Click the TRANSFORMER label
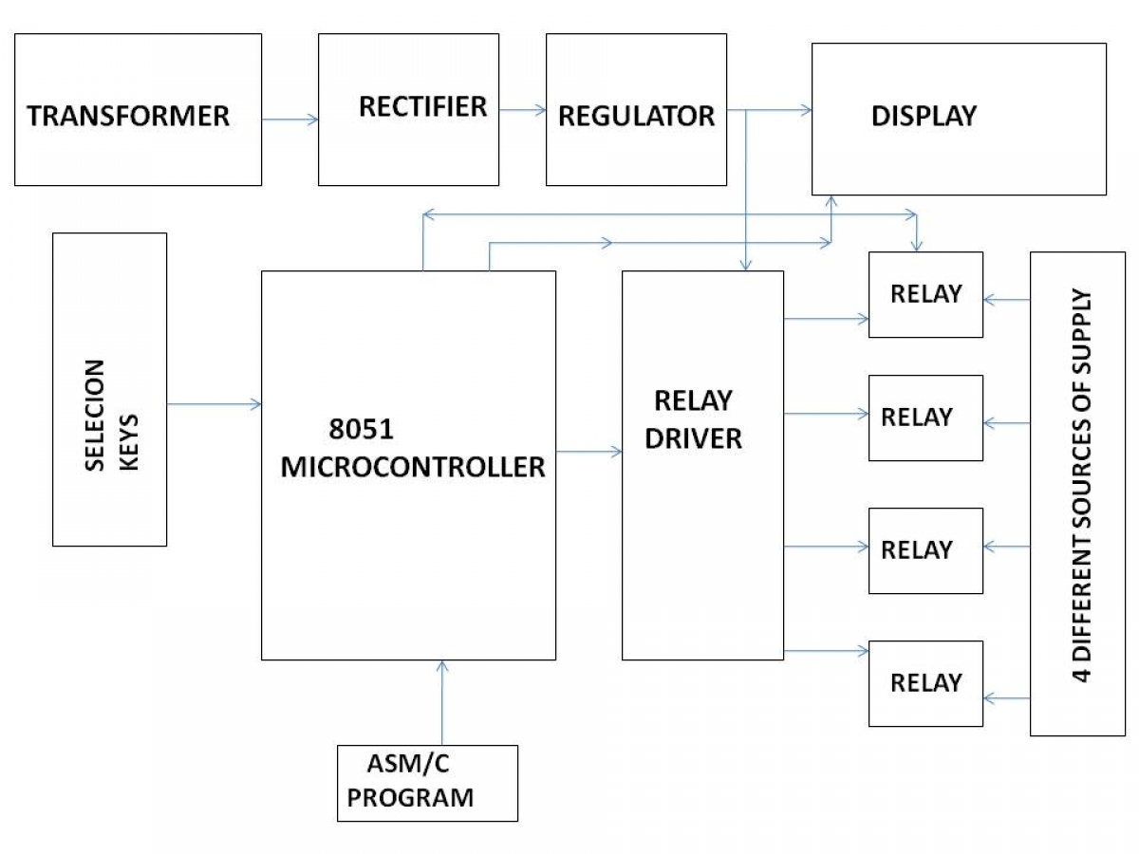(x=127, y=116)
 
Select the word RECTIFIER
(x=423, y=106)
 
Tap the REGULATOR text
(x=636, y=116)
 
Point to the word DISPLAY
(x=924, y=116)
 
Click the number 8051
(x=362, y=429)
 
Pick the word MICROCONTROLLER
(x=413, y=467)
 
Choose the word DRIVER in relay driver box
(x=693, y=438)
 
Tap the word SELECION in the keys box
(x=94, y=415)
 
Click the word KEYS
(x=129, y=442)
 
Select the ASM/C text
(x=408, y=763)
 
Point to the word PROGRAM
(x=410, y=797)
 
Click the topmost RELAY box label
(x=926, y=293)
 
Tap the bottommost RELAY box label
(x=926, y=682)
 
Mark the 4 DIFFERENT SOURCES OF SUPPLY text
(x=1082, y=485)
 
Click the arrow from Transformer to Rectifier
(x=289, y=120)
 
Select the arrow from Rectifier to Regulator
(x=522, y=110)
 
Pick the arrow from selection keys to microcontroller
(x=214, y=404)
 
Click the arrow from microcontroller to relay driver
(x=588, y=452)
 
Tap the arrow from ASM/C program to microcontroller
(x=442, y=702)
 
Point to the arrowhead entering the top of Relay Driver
(x=746, y=265)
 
